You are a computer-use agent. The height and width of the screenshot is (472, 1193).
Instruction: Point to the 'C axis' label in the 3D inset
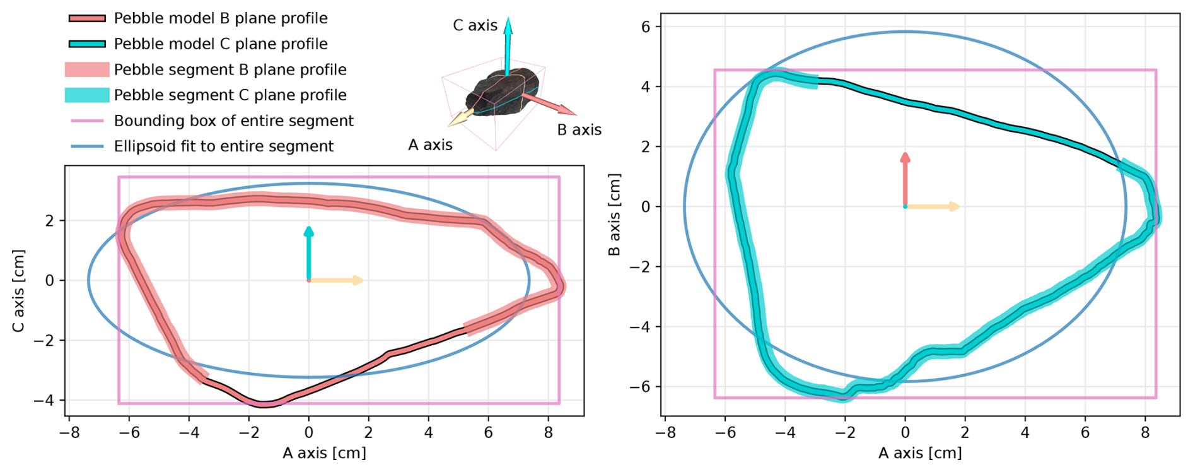pos(475,26)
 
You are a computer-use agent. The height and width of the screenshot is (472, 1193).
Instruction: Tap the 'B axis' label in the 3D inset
pos(579,130)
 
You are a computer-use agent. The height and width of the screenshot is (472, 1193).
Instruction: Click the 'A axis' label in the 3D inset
pos(430,145)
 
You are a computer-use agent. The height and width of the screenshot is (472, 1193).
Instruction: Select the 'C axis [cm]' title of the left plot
pos(19,291)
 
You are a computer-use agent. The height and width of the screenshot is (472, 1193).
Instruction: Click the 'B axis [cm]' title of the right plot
pos(614,215)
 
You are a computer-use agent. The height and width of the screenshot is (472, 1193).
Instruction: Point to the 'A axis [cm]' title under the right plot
pos(920,453)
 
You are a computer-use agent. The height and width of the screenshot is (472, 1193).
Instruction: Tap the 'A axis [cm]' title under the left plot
pos(324,453)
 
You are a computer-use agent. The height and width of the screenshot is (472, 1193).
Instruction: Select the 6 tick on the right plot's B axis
pos(647,27)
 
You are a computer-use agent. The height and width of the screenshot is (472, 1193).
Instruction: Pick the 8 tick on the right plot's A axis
pos(1145,433)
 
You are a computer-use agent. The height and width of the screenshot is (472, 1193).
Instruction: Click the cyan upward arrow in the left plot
pos(308,252)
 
